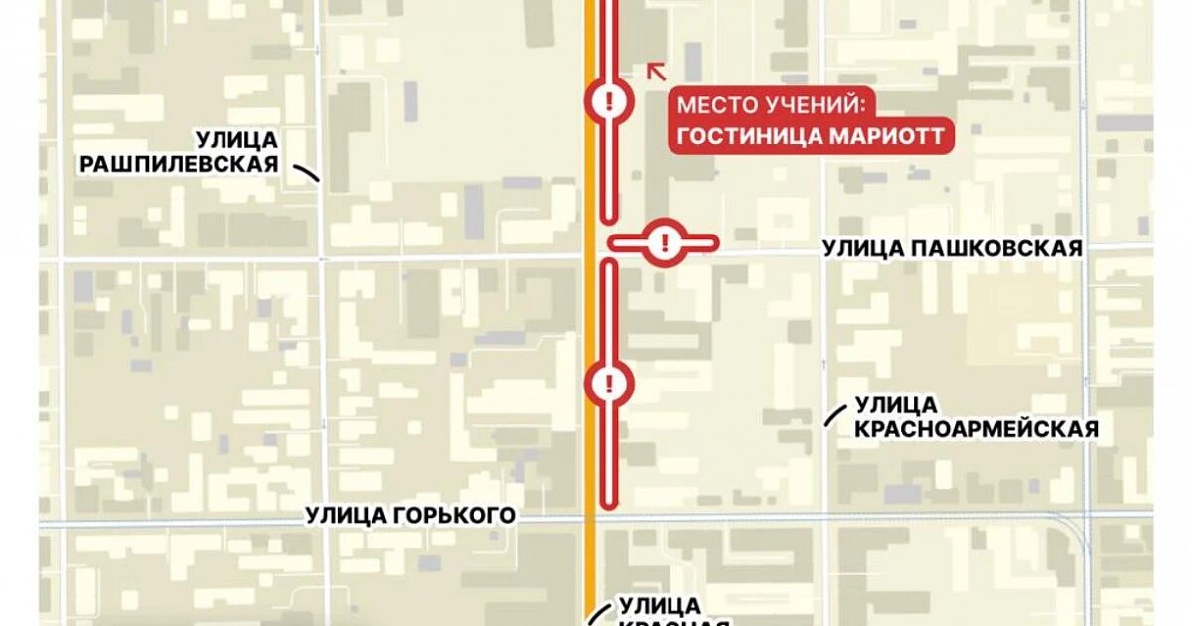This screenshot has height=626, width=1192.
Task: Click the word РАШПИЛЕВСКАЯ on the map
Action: [x=179, y=164]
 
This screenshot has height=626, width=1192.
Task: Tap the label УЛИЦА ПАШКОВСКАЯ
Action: [x=952, y=249]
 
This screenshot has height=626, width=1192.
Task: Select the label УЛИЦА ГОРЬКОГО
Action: [x=410, y=514]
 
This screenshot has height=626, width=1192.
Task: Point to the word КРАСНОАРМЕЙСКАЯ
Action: [x=976, y=429]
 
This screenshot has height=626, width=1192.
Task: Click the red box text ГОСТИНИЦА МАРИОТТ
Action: [x=810, y=136]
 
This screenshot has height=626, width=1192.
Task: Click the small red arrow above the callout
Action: [x=656, y=70]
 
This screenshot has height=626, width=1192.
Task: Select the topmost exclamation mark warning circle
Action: [x=608, y=100]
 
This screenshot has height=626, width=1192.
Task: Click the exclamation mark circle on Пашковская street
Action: [x=664, y=241]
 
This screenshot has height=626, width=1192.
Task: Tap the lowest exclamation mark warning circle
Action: [x=608, y=382]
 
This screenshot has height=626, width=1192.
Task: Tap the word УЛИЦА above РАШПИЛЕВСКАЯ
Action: [x=236, y=139]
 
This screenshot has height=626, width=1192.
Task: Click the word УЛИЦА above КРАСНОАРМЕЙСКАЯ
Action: [x=895, y=404]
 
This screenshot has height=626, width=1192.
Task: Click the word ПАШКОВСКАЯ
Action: [x=994, y=249]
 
